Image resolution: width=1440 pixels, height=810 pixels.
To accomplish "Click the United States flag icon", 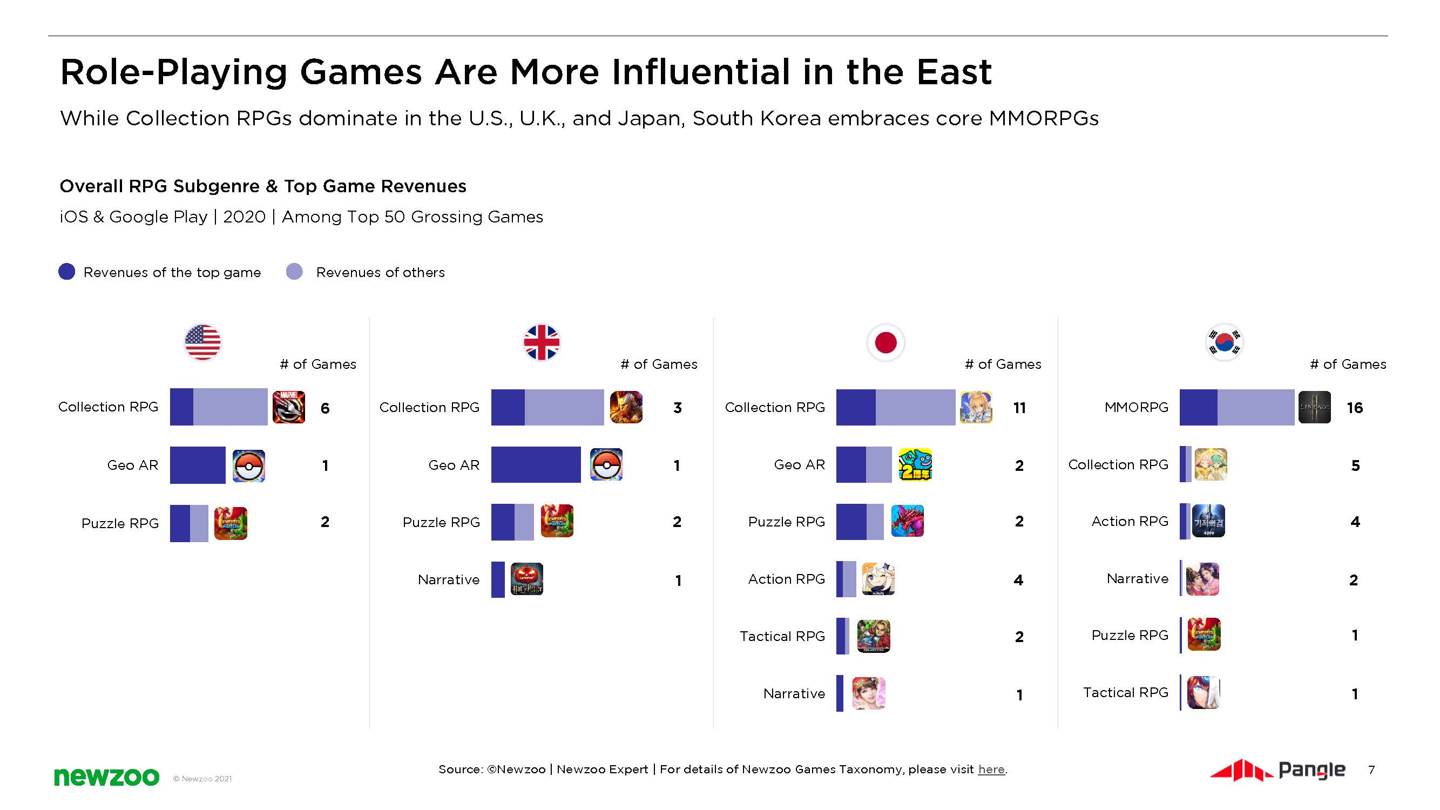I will tap(202, 342).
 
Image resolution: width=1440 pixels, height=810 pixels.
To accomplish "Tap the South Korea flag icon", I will tap(1224, 342).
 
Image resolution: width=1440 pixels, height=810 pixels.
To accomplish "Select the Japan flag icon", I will tap(885, 342).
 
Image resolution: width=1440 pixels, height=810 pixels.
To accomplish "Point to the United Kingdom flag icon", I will tap(541, 342).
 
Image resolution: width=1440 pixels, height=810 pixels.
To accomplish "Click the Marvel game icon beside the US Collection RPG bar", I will tap(288, 407).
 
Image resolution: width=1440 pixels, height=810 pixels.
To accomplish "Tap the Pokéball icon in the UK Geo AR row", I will tap(606, 464).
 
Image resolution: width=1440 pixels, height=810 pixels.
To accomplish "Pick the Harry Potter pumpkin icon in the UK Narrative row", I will tap(526, 579).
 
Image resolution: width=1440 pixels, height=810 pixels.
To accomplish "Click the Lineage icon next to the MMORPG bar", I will tap(1314, 407).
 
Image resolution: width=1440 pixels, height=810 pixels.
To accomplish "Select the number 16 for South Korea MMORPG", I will tap(1355, 408).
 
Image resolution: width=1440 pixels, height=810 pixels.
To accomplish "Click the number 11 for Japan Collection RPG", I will tap(1019, 408).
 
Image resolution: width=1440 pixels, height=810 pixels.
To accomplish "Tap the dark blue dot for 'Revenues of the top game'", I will tap(66, 272).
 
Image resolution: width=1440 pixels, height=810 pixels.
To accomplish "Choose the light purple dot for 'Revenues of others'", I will tap(294, 272).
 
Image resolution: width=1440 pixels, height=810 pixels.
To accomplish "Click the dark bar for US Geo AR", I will tap(197, 464).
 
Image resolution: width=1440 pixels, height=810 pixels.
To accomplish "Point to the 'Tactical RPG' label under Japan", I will tap(782, 636).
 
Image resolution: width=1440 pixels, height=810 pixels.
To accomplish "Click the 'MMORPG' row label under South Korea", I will tap(1136, 407).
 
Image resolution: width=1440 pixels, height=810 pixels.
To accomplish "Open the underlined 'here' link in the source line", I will tap(991, 769).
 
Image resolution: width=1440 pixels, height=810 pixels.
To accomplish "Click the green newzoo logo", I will tap(106, 777).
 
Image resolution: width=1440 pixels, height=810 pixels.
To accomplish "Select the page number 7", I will tap(1371, 769).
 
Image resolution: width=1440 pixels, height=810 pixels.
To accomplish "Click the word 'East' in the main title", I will tap(954, 73).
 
